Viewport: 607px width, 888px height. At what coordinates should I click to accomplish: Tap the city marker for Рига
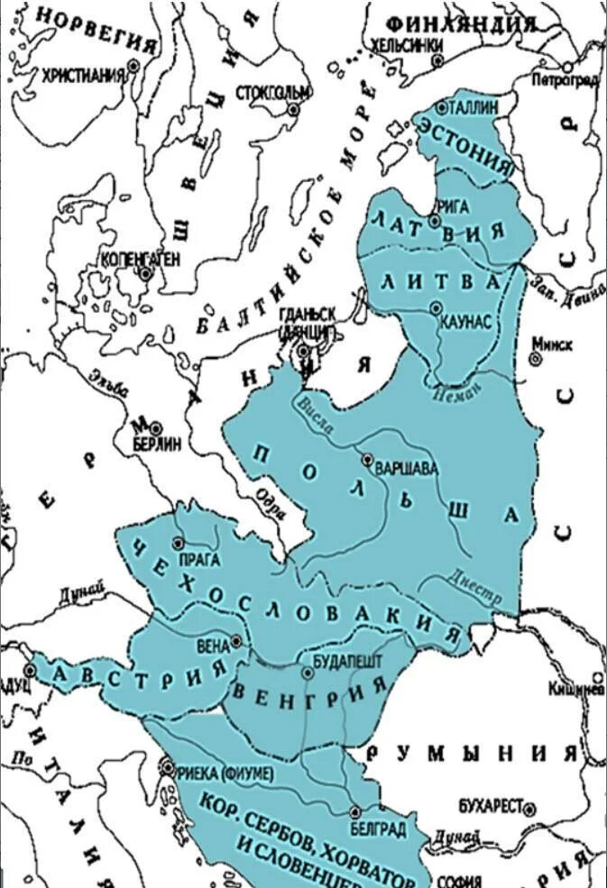coord(435,221)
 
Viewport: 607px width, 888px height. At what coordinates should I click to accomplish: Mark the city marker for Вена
coord(236,641)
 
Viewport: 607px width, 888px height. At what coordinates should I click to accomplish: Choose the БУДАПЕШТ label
coord(347,660)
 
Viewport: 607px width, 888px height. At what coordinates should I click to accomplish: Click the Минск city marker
coord(538,358)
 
